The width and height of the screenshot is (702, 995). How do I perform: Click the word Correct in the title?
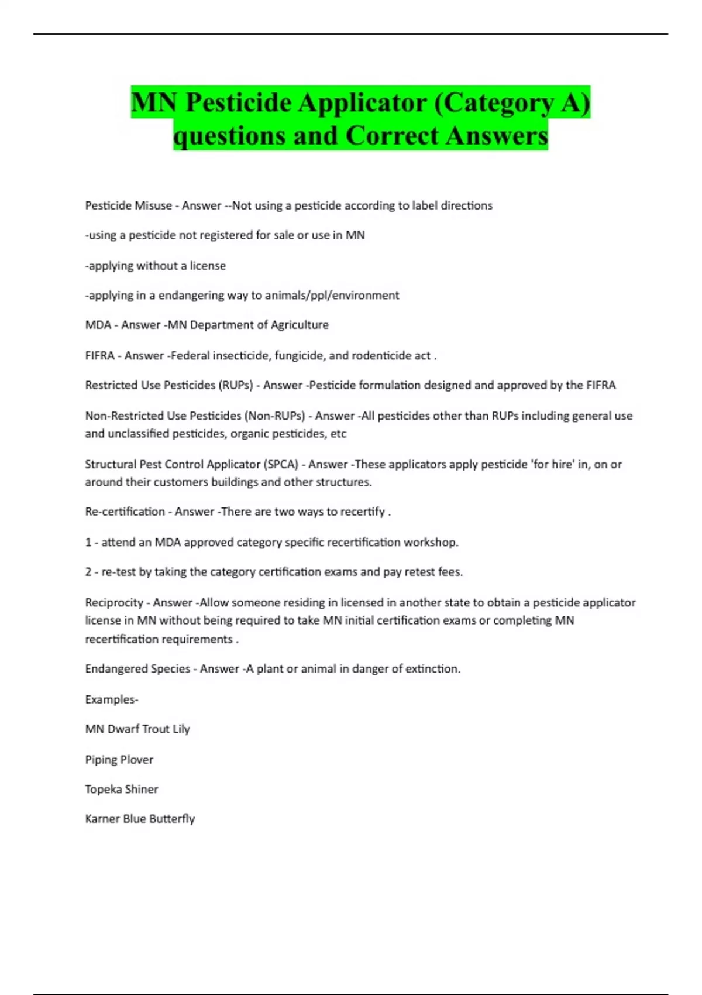392,136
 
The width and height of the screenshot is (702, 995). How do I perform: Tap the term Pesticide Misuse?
128,205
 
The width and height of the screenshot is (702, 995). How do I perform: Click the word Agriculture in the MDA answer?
300,325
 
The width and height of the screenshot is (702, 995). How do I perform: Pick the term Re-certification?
125,512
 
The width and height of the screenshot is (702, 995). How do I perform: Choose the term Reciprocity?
114,602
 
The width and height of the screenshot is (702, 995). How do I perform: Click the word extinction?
432,668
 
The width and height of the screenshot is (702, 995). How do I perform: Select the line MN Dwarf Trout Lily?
137,729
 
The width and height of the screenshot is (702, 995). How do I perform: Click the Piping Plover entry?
119,760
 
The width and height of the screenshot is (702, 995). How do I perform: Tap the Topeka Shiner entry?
122,789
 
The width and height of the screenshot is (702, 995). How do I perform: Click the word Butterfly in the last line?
172,819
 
